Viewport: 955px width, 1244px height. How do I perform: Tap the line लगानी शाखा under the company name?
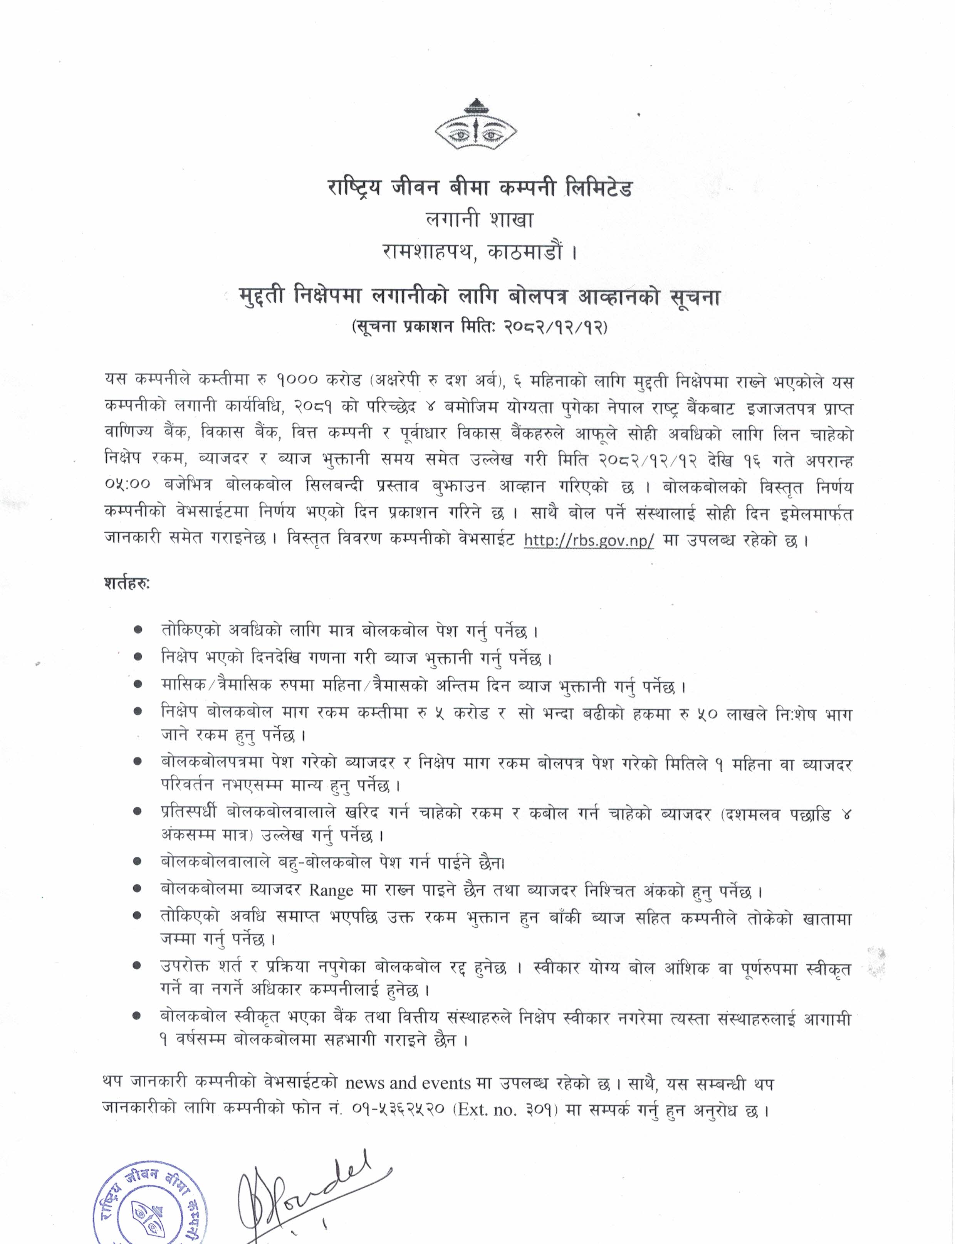click(479, 220)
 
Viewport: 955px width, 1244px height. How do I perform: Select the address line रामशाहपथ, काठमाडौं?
click(479, 251)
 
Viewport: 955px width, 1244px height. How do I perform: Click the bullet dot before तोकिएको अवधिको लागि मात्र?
click(138, 631)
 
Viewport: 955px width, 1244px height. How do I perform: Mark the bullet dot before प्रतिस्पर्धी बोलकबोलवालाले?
click(138, 813)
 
